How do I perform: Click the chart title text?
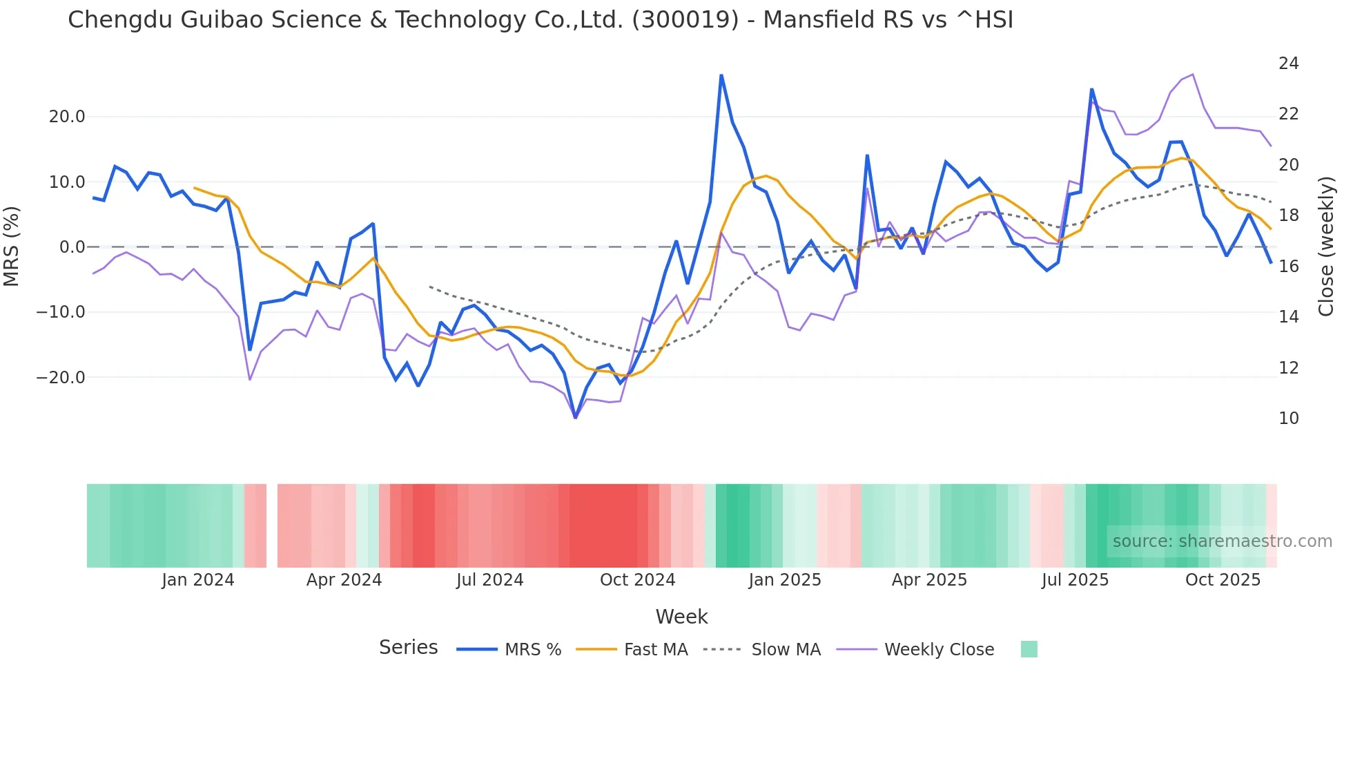pyautogui.click(x=541, y=20)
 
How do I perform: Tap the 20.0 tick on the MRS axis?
pyautogui.click(x=67, y=117)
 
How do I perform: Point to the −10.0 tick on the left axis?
pyautogui.click(x=61, y=312)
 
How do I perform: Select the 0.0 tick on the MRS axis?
pyautogui.click(x=72, y=247)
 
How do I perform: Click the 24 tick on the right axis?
pyautogui.click(x=1288, y=64)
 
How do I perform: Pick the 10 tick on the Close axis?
pyautogui.click(x=1288, y=418)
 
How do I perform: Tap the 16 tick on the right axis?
pyautogui.click(x=1288, y=267)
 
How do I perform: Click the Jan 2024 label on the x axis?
pyautogui.click(x=198, y=580)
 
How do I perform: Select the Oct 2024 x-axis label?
pyautogui.click(x=637, y=580)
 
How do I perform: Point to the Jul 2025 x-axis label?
pyautogui.click(x=1075, y=580)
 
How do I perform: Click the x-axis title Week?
pyautogui.click(x=681, y=617)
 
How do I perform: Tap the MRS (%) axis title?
pyautogui.click(x=12, y=247)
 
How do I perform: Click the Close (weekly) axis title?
pyautogui.click(x=1326, y=247)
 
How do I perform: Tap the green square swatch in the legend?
pyautogui.click(x=1029, y=649)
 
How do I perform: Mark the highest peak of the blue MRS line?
pyautogui.click(x=721, y=75)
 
